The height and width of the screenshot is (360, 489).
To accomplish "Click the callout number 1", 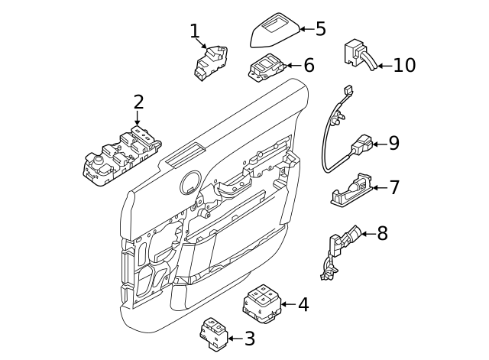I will click(x=194, y=31).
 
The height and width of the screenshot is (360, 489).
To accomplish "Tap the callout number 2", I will click(x=138, y=101).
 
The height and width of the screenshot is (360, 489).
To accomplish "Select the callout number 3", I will click(x=249, y=337).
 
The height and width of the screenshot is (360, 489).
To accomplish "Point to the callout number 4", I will click(x=303, y=304).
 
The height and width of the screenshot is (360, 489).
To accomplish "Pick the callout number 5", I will click(x=320, y=29).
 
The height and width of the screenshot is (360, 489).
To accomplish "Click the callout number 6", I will click(x=309, y=66).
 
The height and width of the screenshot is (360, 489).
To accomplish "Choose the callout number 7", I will click(x=394, y=187).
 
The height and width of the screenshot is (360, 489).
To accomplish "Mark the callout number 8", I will click(x=382, y=233).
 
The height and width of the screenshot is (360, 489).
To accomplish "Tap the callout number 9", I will click(x=393, y=143).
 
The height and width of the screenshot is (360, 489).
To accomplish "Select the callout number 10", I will click(x=404, y=66).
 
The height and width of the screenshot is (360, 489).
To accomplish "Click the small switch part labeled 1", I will click(x=209, y=62).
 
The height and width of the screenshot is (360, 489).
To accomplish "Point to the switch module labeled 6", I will click(x=266, y=70).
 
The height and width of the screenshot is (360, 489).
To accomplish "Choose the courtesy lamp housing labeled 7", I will click(x=351, y=189).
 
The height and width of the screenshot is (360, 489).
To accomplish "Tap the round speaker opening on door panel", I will click(x=189, y=183).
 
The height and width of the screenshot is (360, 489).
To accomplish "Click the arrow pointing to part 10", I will click(x=384, y=66).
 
